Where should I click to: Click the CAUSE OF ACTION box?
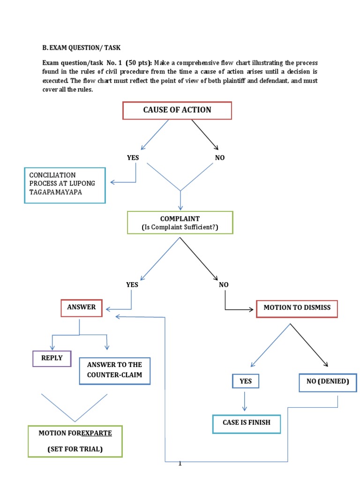pos(177,110)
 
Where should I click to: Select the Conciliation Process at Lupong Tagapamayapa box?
pos(65,185)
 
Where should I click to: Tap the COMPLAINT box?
pos(180,223)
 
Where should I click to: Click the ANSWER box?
pos(82,307)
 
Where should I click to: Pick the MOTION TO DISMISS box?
pos(297,308)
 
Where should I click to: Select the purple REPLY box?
pos(52,359)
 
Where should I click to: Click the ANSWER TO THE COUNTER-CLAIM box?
pos(115,370)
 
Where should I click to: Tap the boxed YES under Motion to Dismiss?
pos(246,381)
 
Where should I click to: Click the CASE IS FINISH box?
pos(247,423)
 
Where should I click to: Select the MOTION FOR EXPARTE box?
pos(75,441)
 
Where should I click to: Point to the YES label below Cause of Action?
pos(133,158)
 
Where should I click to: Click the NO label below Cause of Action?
pos(220,158)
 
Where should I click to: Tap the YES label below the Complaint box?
pos(132,285)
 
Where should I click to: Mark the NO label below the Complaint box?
pos(224,285)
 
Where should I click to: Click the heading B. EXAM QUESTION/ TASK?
pos(82,47)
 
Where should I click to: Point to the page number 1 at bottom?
pos(180,464)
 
